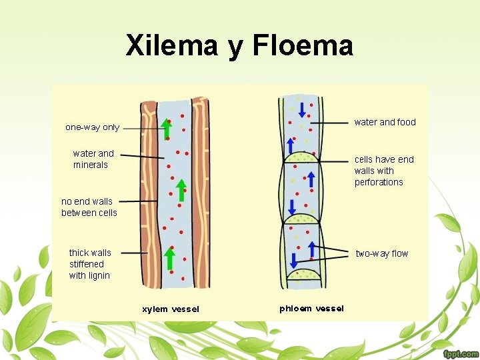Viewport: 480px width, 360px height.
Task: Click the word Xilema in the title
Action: click(x=171, y=46)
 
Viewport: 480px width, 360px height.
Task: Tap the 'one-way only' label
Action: click(x=92, y=127)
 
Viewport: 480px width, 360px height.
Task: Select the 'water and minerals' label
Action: click(x=93, y=159)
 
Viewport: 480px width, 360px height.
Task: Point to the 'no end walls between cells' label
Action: click(x=89, y=207)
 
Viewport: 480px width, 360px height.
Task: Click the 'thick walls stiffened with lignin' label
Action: click(x=90, y=264)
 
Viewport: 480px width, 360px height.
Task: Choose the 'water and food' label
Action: click(x=385, y=122)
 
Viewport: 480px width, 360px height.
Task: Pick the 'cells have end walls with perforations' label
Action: click(x=384, y=171)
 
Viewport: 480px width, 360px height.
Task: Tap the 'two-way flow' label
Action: click(x=381, y=253)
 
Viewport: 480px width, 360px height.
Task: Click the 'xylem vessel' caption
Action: click(x=170, y=309)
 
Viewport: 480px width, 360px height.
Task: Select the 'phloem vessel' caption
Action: click(x=311, y=308)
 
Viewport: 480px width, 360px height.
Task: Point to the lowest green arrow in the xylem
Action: click(x=170, y=260)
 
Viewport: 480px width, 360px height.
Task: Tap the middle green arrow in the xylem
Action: click(x=181, y=189)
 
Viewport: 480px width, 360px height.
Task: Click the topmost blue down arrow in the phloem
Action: click(x=302, y=109)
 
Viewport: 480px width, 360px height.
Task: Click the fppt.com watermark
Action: click(x=459, y=353)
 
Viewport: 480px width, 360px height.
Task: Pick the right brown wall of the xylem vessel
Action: click(x=200, y=193)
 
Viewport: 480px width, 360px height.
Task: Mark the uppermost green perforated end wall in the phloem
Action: click(x=301, y=157)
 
